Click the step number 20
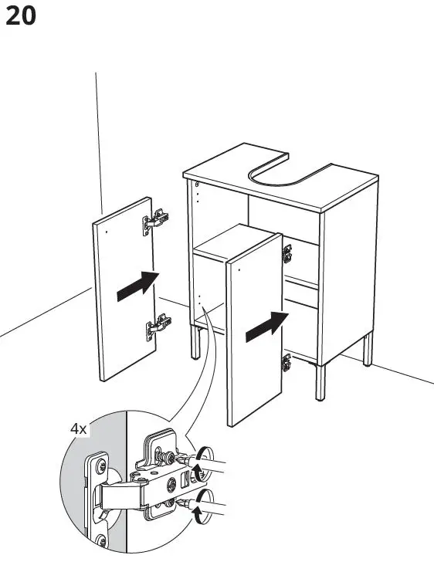[21, 16]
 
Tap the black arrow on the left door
[137, 286]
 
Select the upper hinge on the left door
[155, 221]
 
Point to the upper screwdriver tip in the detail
[185, 461]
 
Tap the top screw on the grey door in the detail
[100, 466]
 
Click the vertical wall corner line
[98, 139]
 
